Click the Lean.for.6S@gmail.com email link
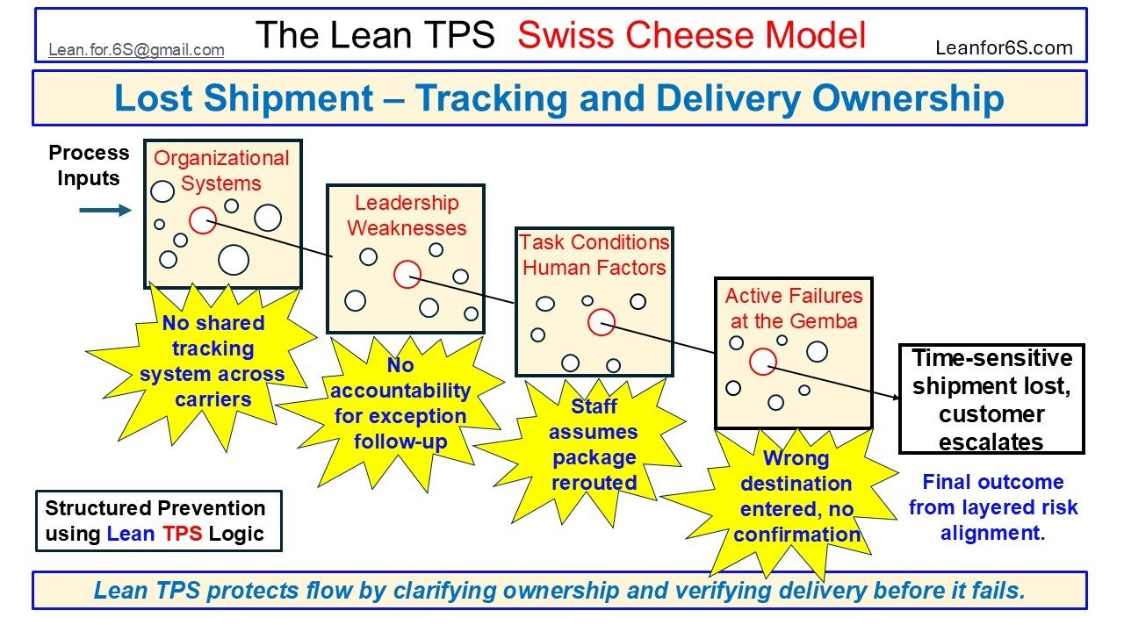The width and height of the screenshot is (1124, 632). [x=136, y=50]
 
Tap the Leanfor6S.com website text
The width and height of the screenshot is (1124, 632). [x=1004, y=48]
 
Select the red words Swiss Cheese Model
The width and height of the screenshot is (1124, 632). [x=691, y=35]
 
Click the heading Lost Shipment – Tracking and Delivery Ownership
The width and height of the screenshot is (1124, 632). [x=559, y=98]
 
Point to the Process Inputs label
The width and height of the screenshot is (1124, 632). [x=89, y=165]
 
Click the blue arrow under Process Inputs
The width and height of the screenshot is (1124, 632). [x=104, y=211]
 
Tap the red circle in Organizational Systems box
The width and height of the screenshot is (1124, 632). [x=203, y=219]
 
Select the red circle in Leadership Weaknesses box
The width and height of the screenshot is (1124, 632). [x=407, y=275]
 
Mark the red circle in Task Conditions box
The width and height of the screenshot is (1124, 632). [x=601, y=322]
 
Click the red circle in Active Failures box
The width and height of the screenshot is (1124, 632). [x=762, y=361]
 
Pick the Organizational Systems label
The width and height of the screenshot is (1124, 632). [x=221, y=170]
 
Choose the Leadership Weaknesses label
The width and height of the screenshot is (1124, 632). [x=407, y=215]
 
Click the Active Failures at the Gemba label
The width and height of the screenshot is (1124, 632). [x=794, y=308]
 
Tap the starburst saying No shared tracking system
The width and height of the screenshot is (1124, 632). [x=213, y=361]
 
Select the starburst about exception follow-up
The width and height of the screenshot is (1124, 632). [x=400, y=404]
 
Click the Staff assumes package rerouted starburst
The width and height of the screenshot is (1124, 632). [x=594, y=444]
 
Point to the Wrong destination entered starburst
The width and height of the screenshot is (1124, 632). [x=796, y=496]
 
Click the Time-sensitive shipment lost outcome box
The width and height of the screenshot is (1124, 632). [x=991, y=399]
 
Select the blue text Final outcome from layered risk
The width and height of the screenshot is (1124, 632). [x=992, y=507]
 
